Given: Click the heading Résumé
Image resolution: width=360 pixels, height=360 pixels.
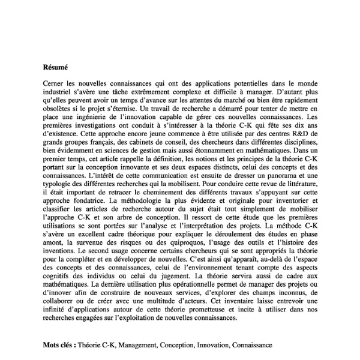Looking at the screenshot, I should (x=56, y=67).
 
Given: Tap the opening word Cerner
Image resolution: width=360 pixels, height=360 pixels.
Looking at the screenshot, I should (x=55, y=86).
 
